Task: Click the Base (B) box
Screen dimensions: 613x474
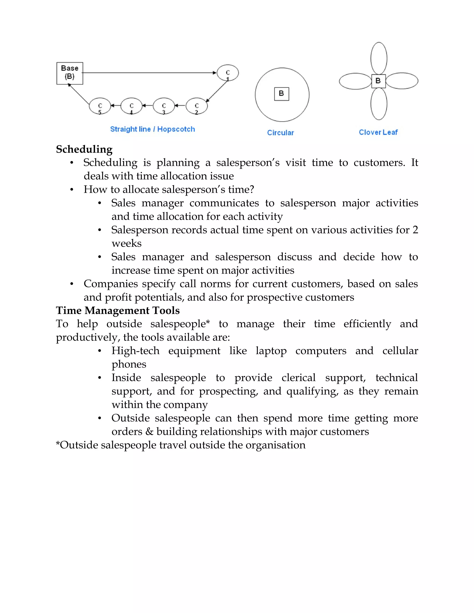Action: [70, 73]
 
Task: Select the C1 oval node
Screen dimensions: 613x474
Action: [228, 73]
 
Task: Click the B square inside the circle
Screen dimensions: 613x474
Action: [281, 94]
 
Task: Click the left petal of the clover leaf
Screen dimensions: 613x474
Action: [355, 81]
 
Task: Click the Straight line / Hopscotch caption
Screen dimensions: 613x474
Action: [153, 129]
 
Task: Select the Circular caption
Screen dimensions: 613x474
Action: [280, 133]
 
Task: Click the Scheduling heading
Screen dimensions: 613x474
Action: [84, 149]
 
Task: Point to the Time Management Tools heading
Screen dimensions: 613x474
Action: [118, 310]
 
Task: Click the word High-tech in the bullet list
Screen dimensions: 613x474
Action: [135, 351]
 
